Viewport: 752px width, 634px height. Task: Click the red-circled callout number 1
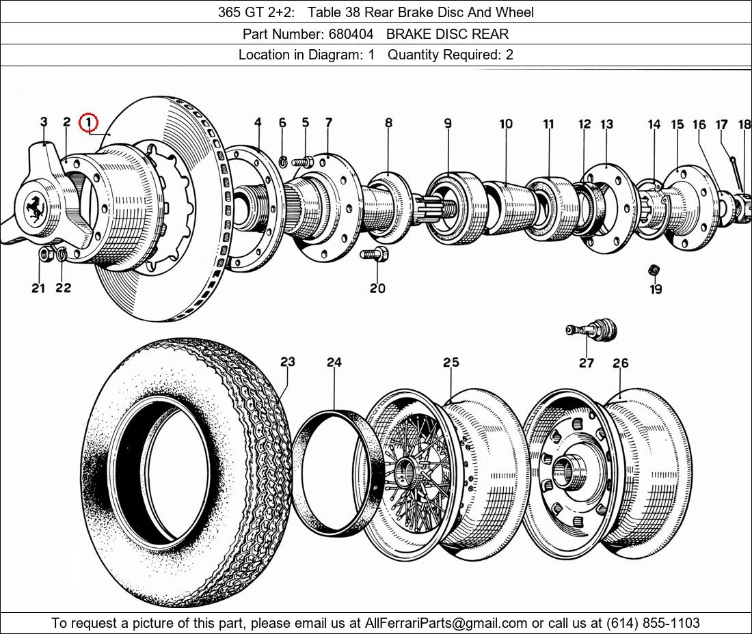click(89, 123)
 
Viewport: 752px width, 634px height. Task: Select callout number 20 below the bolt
click(377, 288)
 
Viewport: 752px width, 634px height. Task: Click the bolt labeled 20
click(375, 255)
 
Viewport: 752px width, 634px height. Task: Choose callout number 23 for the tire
click(287, 362)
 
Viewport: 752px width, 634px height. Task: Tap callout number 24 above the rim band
click(334, 362)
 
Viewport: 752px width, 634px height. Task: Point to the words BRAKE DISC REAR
click(447, 33)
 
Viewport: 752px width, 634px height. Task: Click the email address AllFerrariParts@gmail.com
click(446, 623)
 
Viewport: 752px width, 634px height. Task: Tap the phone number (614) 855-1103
click(653, 623)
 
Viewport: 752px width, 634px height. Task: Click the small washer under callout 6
click(283, 161)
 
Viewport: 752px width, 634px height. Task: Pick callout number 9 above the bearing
click(448, 124)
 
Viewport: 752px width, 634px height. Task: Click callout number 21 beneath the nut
click(38, 288)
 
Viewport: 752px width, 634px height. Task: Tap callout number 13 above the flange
click(607, 124)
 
